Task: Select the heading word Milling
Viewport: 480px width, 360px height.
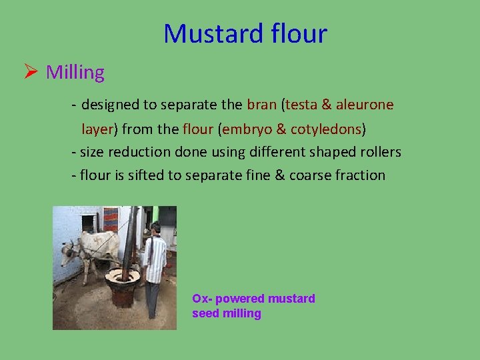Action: [75, 72]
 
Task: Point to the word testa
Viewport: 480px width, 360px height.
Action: [302, 105]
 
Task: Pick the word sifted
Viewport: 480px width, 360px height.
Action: [138, 175]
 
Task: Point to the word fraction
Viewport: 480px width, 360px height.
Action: [360, 175]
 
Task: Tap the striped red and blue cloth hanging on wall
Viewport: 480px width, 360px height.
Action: [111, 218]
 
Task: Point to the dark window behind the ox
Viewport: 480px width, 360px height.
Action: [88, 223]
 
